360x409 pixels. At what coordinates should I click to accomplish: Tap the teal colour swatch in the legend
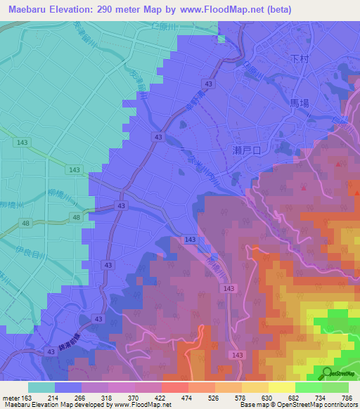click(41, 387)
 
